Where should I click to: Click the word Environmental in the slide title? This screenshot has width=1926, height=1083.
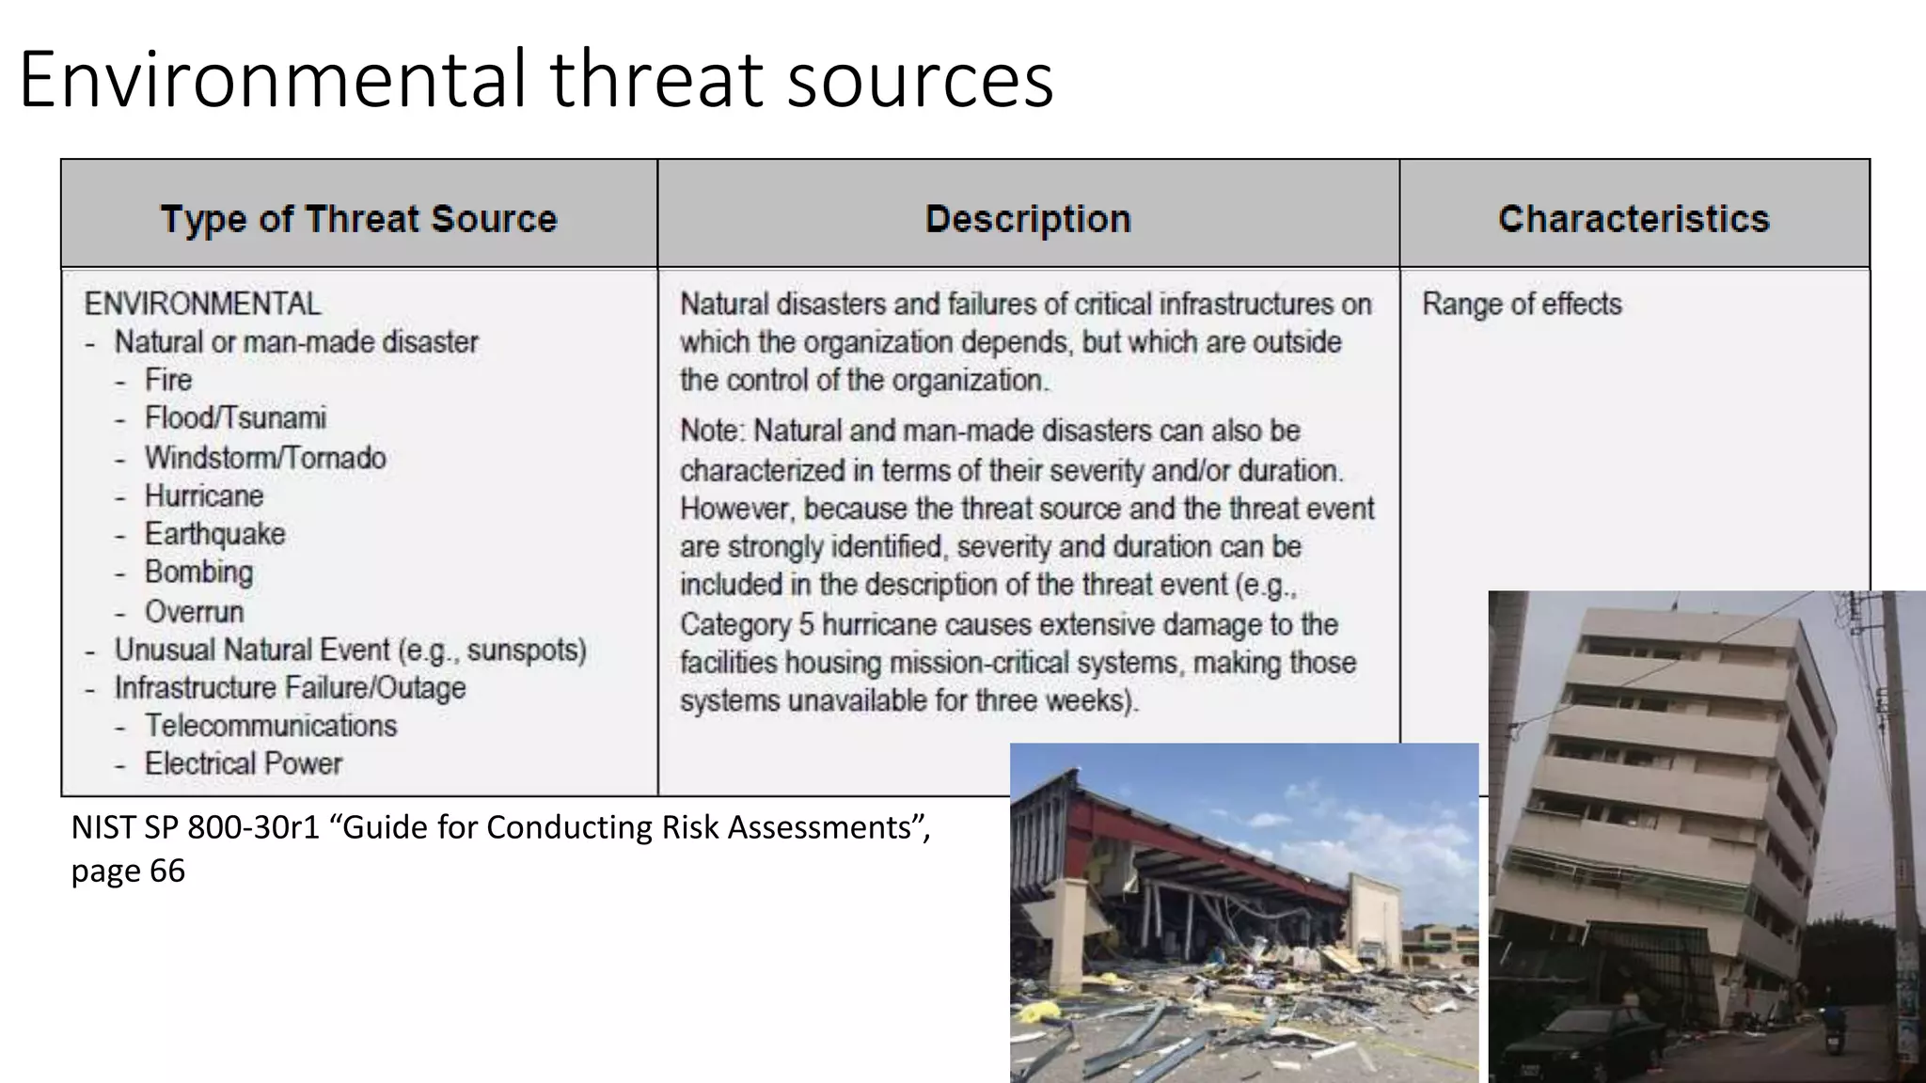(x=273, y=81)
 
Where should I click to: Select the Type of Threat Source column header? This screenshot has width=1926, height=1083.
(x=358, y=219)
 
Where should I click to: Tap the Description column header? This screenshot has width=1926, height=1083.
(x=1028, y=219)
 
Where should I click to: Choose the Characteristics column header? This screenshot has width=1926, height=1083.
(x=1634, y=219)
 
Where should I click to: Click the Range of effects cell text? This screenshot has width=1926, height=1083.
(x=1522, y=304)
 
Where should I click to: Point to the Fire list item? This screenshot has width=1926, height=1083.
(x=168, y=380)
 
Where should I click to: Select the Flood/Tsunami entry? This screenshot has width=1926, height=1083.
(x=235, y=417)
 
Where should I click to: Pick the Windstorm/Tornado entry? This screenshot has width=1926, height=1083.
(x=265, y=458)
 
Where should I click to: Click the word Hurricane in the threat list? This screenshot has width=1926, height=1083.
(x=204, y=495)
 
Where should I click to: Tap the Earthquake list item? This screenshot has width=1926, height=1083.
(x=214, y=534)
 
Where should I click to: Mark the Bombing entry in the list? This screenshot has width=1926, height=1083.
(x=198, y=572)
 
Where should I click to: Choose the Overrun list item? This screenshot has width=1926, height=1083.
(x=194, y=612)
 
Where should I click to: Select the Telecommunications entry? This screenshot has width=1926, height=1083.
(x=271, y=726)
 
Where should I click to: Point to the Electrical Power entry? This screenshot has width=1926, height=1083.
(x=244, y=763)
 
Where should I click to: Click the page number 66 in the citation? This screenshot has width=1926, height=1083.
(x=166, y=871)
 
